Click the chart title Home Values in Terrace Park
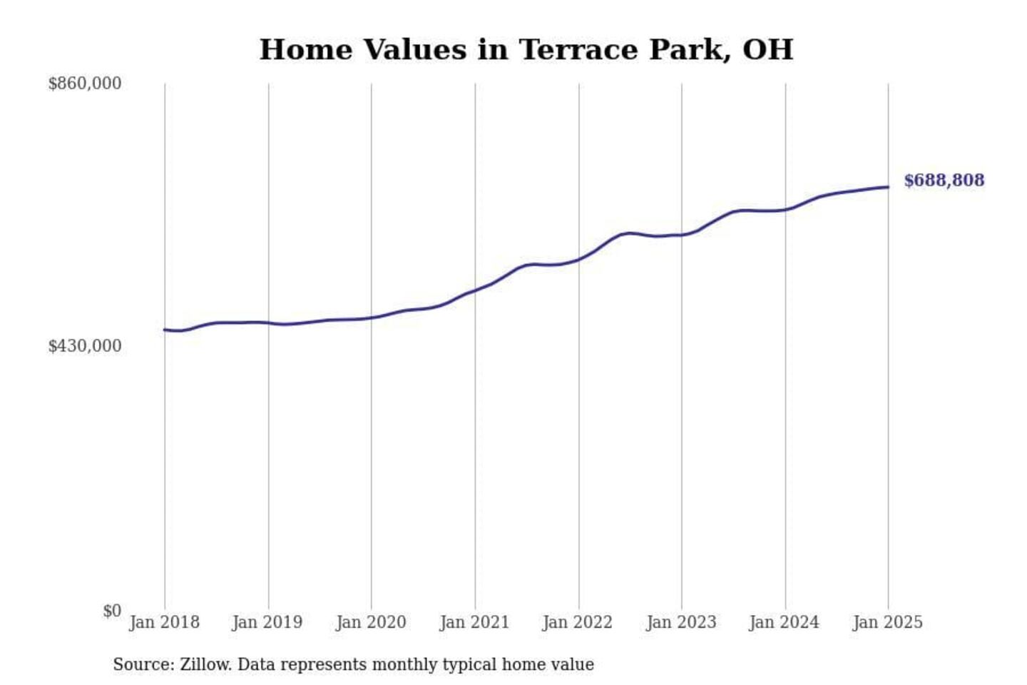coord(526,50)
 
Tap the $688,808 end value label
coord(944,181)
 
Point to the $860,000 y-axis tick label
coord(85,83)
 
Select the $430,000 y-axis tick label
coord(85,346)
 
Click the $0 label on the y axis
coord(112,611)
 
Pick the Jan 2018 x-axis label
coord(164,622)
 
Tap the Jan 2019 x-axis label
coord(267,622)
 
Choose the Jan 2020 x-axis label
coord(371,622)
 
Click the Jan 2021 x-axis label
coord(474,622)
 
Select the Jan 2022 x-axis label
coord(578,622)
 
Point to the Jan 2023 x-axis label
coord(681,622)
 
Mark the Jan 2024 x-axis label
coord(785,622)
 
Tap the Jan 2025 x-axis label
coord(888,622)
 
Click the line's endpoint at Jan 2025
coord(888,187)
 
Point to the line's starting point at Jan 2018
coord(165,330)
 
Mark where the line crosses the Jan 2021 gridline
coord(475,290)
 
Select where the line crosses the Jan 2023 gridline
coord(682,235)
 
